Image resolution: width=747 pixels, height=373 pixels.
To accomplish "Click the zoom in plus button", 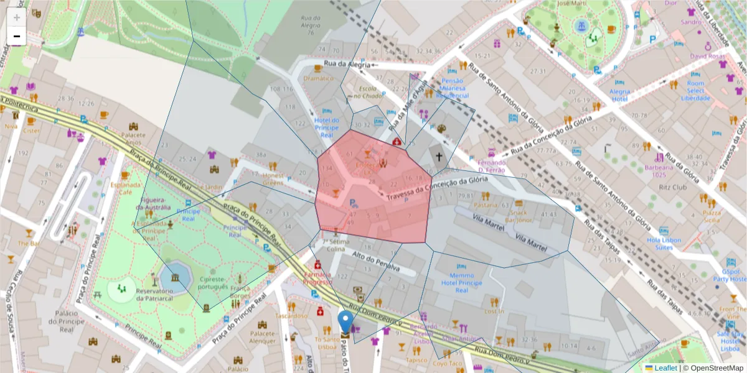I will pyautogui.click(x=17, y=17).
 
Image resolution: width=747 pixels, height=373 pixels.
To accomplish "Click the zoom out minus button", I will pyautogui.click(x=17, y=37).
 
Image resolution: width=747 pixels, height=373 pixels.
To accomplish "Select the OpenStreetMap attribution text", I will pyautogui.click(x=713, y=368).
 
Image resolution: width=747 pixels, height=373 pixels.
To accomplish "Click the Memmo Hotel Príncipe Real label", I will pyautogui.click(x=461, y=283).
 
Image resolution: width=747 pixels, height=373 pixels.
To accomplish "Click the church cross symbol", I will pyautogui.click(x=438, y=157).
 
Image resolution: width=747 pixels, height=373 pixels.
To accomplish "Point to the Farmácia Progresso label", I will pyautogui.click(x=317, y=277).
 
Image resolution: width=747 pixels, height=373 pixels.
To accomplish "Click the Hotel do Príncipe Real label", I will pyautogui.click(x=326, y=127).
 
